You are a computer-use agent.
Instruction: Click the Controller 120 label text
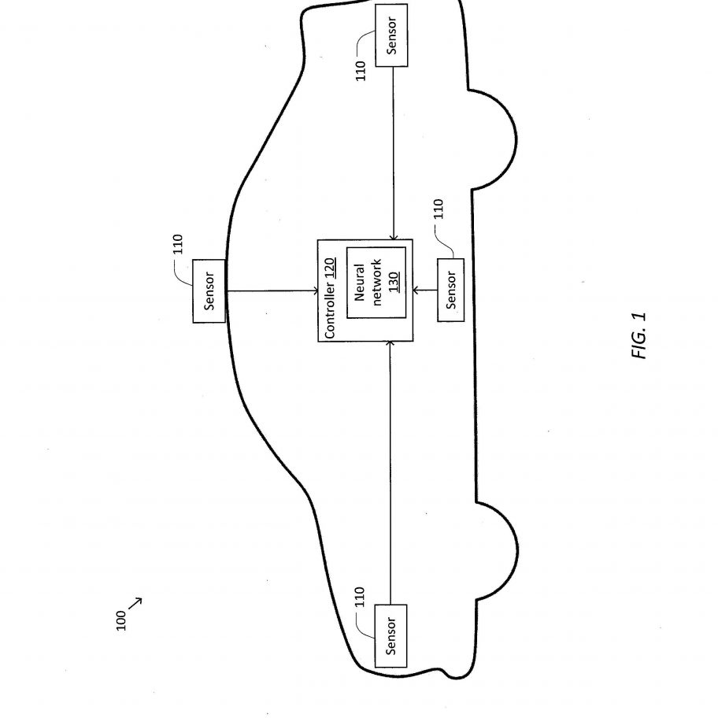(330, 298)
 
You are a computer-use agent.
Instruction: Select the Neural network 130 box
(376, 283)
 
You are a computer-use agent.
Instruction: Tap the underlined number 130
(394, 283)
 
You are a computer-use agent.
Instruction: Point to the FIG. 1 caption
(638, 335)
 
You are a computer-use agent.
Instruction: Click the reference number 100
(121, 620)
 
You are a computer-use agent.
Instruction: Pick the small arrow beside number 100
(135, 604)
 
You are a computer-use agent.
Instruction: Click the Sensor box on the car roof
(209, 291)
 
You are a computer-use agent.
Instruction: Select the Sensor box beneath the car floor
(450, 290)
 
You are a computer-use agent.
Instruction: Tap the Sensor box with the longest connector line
(390, 635)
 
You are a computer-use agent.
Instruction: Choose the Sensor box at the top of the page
(391, 35)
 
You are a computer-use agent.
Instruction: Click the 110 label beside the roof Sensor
(178, 244)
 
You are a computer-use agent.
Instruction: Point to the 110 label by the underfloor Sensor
(439, 209)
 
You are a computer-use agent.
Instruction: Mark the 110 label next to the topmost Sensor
(361, 71)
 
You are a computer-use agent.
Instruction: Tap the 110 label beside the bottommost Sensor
(360, 597)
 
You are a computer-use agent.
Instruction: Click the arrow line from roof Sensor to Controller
(272, 291)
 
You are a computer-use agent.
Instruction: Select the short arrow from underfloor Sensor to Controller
(425, 290)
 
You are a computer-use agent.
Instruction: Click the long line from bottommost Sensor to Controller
(390, 472)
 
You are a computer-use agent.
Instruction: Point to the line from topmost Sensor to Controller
(394, 154)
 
